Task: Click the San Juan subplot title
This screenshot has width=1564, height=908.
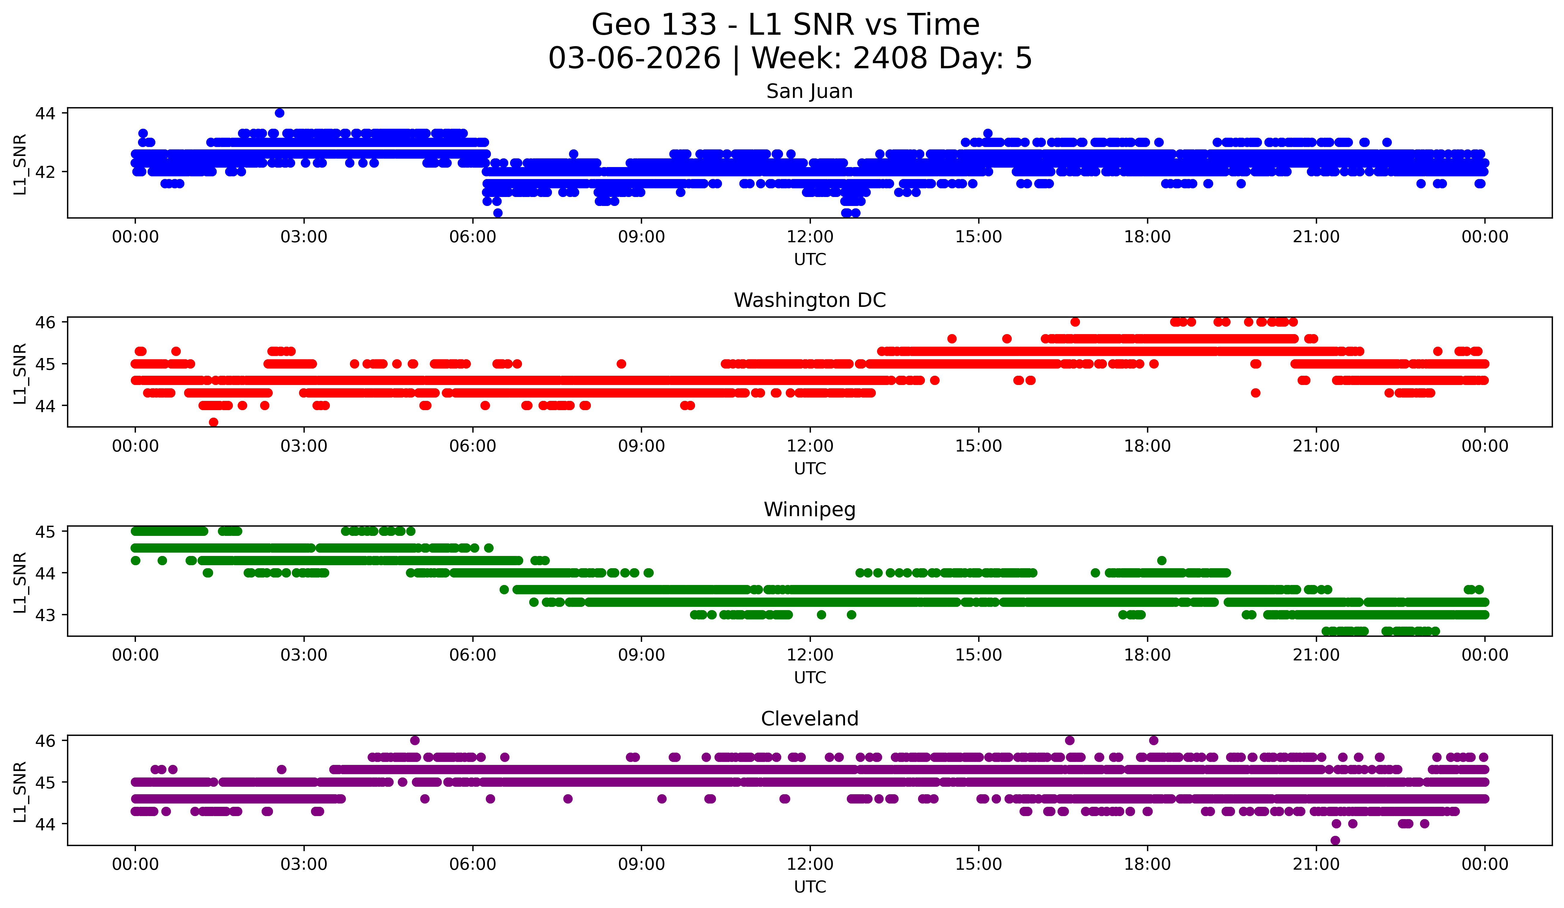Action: click(x=809, y=91)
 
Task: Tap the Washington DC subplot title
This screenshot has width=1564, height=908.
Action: click(x=809, y=300)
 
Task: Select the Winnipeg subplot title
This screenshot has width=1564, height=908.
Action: click(x=809, y=510)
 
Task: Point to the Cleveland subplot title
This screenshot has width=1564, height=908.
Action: click(x=809, y=719)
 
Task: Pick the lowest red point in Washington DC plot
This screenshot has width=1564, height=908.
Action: click(x=213, y=422)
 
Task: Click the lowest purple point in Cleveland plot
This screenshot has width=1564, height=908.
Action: click(x=1335, y=840)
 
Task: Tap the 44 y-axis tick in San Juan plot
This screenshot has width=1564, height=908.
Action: click(x=45, y=113)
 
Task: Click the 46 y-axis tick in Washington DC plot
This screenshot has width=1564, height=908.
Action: click(x=45, y=322)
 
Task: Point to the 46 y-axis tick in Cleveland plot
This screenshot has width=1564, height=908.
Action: click(x=45, y=740)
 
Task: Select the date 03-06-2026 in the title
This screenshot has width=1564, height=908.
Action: click(x=634, y=58)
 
